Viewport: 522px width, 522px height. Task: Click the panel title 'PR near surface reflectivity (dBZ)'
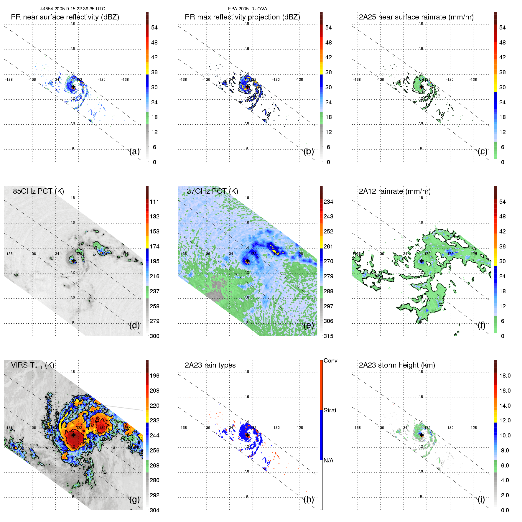[65, 17]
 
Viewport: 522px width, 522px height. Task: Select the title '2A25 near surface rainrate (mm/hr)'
[416, 17]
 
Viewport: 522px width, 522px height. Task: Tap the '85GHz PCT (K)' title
[38, 191]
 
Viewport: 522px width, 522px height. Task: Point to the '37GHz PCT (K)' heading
[212, 191]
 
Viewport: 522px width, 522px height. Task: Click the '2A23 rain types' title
[210, 365]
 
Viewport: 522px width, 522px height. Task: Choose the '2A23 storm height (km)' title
[397, 365]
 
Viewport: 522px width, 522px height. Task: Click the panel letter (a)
[134, 152]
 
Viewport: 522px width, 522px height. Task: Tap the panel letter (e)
[309, 325]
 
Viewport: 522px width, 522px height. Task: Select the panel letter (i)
[481, 499]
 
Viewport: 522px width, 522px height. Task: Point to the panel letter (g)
[134, 499]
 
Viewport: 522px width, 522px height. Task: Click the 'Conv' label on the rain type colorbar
[330, 360]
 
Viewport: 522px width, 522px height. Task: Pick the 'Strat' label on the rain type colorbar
[330, 410]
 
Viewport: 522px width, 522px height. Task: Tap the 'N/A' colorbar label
[328, 460]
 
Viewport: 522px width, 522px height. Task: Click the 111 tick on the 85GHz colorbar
[154, 202]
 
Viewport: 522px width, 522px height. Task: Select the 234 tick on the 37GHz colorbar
[328, 202]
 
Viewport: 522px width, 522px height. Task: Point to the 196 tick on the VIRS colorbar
[154, 376]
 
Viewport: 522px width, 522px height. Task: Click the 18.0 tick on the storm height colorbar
[505, 376]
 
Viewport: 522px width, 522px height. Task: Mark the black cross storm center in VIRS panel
[73, 435]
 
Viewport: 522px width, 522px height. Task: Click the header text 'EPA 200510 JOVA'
[248, 9]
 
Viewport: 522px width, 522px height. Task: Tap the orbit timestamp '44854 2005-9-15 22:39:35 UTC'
[73, 9]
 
